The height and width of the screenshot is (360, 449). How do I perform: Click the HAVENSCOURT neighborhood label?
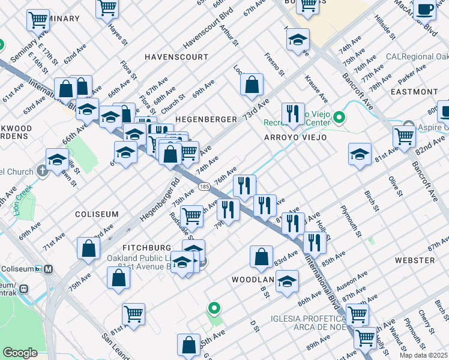[x=176, y=56]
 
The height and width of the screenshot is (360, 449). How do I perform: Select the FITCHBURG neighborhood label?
[x=147, y=247]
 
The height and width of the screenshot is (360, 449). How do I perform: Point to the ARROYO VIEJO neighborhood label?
[x=295, y=137]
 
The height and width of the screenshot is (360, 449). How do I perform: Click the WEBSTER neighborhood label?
[x=414, y=260]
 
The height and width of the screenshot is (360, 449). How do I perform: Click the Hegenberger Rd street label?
[x=158, y=199]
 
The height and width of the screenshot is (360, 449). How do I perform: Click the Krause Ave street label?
[x=316, y=88]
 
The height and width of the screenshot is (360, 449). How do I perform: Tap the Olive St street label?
[x=394, y=187]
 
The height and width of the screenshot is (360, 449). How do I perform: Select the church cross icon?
[x=42, y=171]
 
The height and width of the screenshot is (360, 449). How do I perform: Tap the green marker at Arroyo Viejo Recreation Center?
[x=340, y=116]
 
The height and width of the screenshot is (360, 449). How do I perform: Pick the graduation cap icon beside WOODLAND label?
[x=288, y=281]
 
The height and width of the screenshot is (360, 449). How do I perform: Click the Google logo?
[x=20, y=353]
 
